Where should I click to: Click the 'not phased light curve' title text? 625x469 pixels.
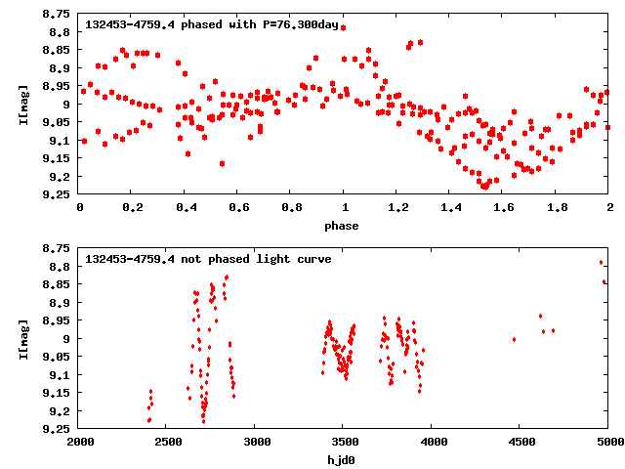point(208,259)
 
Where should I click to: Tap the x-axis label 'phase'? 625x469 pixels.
point(343,226)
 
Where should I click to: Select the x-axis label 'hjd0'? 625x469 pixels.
point(343,459)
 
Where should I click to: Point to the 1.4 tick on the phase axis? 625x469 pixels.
point(449,207)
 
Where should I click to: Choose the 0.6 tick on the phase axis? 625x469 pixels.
point(237,207)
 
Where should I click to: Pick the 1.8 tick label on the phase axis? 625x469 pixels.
point(556,207)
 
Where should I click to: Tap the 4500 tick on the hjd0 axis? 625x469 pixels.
point(520,441)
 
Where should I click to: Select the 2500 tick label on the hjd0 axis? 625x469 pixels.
point(167,441)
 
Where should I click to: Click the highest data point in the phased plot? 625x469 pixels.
point(343,27)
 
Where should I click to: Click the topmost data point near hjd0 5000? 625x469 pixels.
point(601,262)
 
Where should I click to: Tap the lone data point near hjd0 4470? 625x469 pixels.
point(514,339)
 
